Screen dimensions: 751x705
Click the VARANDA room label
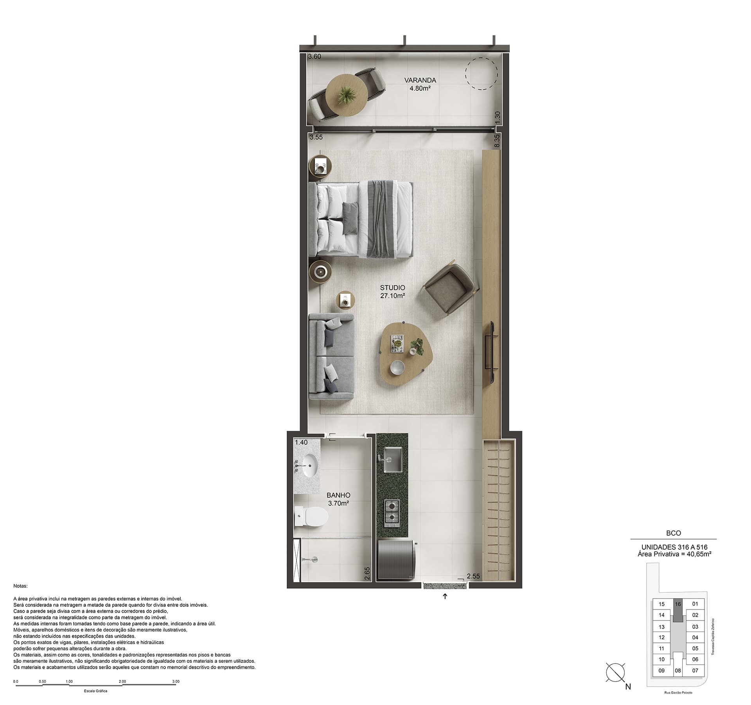click(420, 80)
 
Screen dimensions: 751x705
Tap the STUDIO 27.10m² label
click(392, 292)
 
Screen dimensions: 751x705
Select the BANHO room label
click(338, 495)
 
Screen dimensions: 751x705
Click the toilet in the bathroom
click(311, 516)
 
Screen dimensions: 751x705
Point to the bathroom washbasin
click(309, 466)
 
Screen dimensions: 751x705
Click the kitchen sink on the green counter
click(392, 459)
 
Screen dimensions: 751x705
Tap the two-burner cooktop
click(392, 511)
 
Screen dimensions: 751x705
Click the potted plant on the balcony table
click(347, 95)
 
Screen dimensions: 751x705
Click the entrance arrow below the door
click(445, 596)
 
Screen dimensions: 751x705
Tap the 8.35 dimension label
click(497, 141)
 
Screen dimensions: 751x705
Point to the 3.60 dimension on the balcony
click(314, 56)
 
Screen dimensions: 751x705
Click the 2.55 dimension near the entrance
click(473, 576)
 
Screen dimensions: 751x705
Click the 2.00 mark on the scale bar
click(122, 681)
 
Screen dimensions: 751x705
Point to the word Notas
click(21, 586)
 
